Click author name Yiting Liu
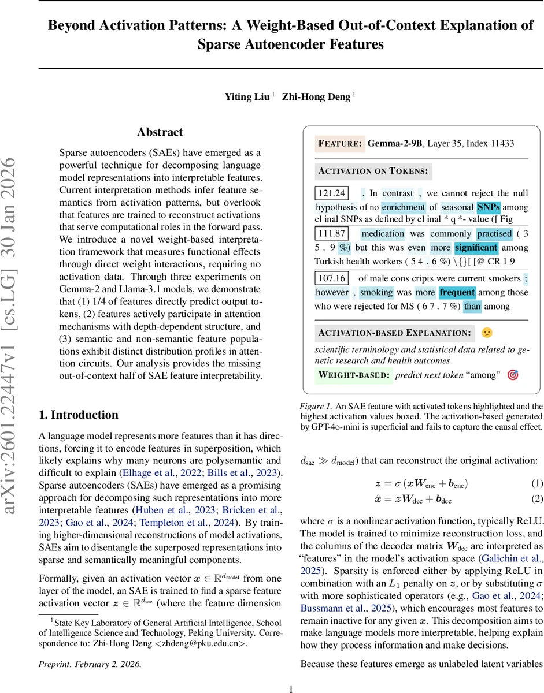tap(247, 97)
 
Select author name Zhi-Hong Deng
tap(316, 97)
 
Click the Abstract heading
tap(160, 132)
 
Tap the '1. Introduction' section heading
tap(78, 415)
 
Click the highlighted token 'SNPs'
tap(489, 207)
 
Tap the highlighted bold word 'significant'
tap(476, 248)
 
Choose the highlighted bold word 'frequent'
tap(457, 292)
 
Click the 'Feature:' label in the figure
tap(340, 143)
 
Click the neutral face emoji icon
tap(487, 333)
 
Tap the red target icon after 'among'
tap(512, 375)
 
